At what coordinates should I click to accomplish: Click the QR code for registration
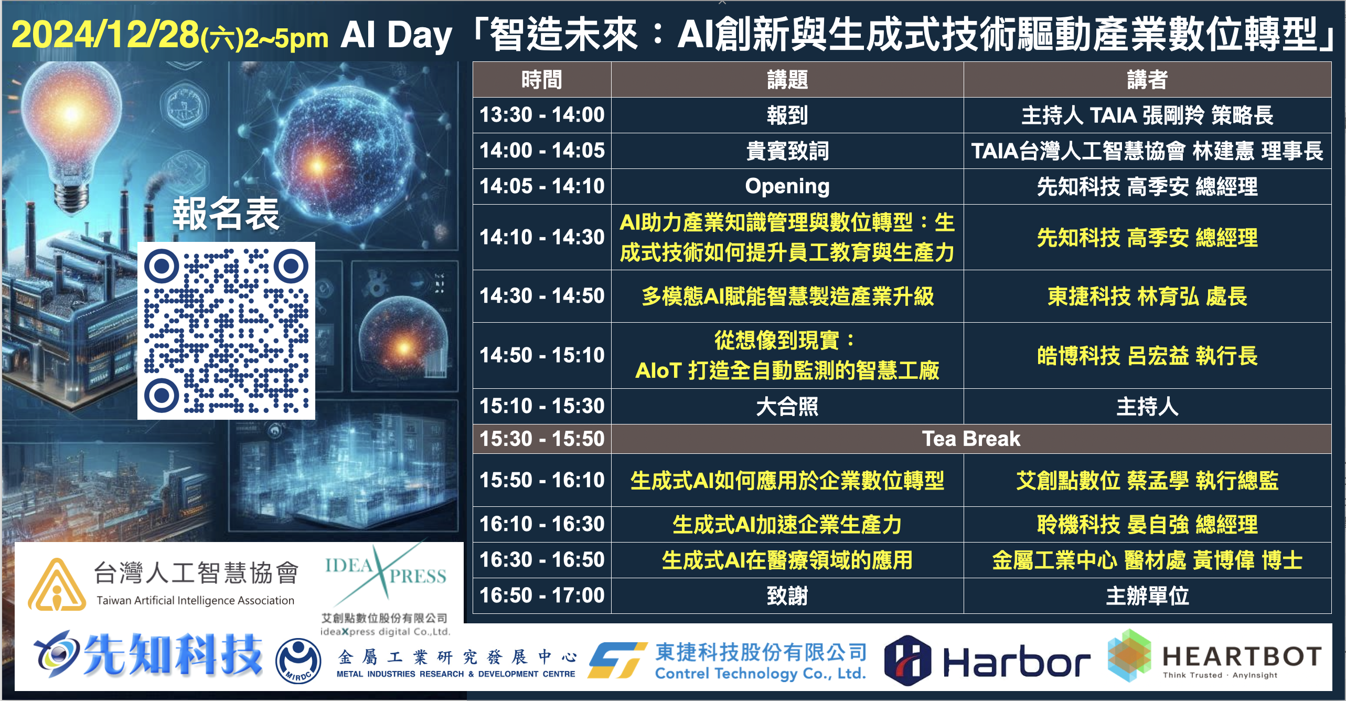226,331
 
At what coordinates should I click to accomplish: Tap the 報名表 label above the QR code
226,214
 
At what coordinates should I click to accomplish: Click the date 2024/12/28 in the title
105,35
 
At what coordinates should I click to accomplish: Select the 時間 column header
542,80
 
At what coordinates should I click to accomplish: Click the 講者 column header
1147,80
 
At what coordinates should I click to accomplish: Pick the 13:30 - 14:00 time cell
542,115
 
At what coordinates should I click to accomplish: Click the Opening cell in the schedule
787,186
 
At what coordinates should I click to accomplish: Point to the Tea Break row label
971,439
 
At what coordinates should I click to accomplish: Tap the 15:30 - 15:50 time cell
542,439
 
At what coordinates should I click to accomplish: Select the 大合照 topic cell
787,406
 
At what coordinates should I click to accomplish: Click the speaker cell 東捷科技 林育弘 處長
1147,296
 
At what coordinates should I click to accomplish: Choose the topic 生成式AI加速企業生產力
787,524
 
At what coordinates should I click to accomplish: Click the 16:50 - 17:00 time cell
542,596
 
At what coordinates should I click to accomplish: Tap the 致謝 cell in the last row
787,596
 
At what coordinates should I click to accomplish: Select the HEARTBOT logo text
1241,656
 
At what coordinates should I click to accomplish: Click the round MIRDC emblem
298,661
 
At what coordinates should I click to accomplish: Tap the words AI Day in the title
396,36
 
